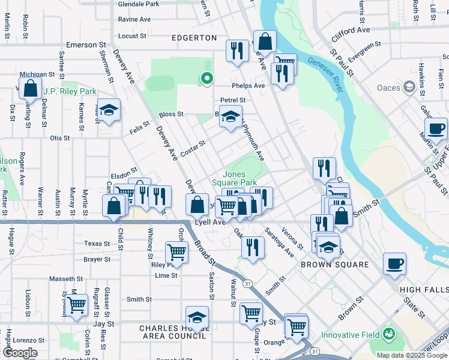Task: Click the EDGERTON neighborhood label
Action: coord(194,38)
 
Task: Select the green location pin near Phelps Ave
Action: coord(206,78)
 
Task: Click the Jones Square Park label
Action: coord(235,178)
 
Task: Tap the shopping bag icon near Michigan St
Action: coord(30,89)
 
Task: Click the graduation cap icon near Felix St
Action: coord(109,110)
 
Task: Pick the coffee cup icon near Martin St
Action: coord(436,128)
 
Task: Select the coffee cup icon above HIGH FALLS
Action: coord(394,263)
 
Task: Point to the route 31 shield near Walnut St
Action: coord(246,283)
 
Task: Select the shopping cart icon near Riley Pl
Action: coord(176,251)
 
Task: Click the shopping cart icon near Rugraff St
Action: coord(76,305)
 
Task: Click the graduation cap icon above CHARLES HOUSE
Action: coord(197,317)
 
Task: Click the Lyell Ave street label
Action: coord(211,222)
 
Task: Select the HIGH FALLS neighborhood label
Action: coord(424,290)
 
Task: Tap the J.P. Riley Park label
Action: coord(70,92)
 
